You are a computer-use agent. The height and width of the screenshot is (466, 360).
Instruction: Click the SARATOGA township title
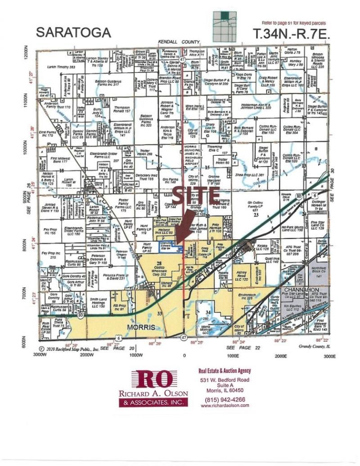tap(73, 32)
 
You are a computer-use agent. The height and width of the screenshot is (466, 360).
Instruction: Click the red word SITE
tap(195, 197)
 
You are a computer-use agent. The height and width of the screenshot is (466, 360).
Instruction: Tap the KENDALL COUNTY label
tap(173, 41)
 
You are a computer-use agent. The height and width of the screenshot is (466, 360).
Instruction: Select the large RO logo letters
tap(153, 380)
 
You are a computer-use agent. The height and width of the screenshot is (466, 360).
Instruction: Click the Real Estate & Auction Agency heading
tap(225, 371)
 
